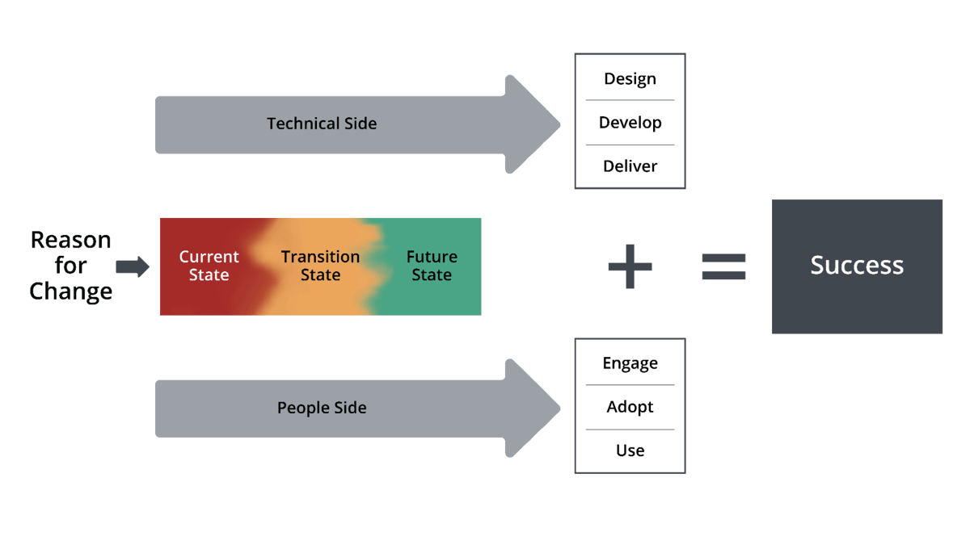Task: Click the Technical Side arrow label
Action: point(322,124)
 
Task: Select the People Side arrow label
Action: point(322,408)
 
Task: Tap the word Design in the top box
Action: point(630,79)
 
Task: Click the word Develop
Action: point(630,123)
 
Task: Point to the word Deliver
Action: point(630,166)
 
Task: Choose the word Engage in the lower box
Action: point(630,363)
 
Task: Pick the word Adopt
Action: point(630,407)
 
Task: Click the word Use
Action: point(630,451)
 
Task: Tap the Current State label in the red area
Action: point(209,266)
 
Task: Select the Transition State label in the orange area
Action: point(320,266)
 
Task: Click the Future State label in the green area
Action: point(432,266)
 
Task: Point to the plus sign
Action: point(630,266)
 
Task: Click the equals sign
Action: point(723,266)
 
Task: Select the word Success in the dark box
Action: point(857,266)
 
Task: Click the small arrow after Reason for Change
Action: point(133,266)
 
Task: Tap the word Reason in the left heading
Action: point(70,240)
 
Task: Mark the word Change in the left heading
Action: point(70,291)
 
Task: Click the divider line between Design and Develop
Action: point(630,101)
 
